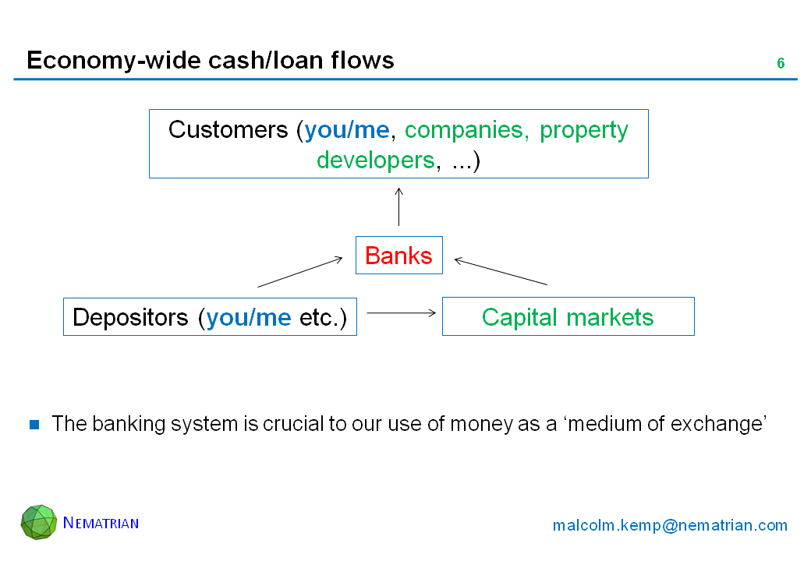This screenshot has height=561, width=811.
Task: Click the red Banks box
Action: point(398,256)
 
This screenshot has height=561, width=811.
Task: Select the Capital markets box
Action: point(568,317)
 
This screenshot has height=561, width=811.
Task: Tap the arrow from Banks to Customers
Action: point(398,206)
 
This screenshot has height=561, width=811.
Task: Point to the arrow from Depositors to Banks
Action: point(300,272)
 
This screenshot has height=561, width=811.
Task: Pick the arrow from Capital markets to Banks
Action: point(501,272)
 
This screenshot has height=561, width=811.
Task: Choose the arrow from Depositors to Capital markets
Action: point(400,312)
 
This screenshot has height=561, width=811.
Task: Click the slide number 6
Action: point(780,64)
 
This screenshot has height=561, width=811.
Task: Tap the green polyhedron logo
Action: point(39,522)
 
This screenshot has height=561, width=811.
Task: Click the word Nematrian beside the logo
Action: point(101,523)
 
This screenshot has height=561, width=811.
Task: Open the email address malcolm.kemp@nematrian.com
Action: point(670,525)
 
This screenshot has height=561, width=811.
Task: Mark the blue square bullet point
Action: point(34,425)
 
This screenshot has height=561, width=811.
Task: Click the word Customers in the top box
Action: point(228,129)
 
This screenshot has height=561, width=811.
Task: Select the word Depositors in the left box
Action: point(130,317)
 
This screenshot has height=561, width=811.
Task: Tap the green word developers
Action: point(375,161)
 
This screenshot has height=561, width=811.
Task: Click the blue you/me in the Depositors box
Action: point(249,317)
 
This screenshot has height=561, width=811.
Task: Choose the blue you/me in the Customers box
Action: point(347,129)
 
